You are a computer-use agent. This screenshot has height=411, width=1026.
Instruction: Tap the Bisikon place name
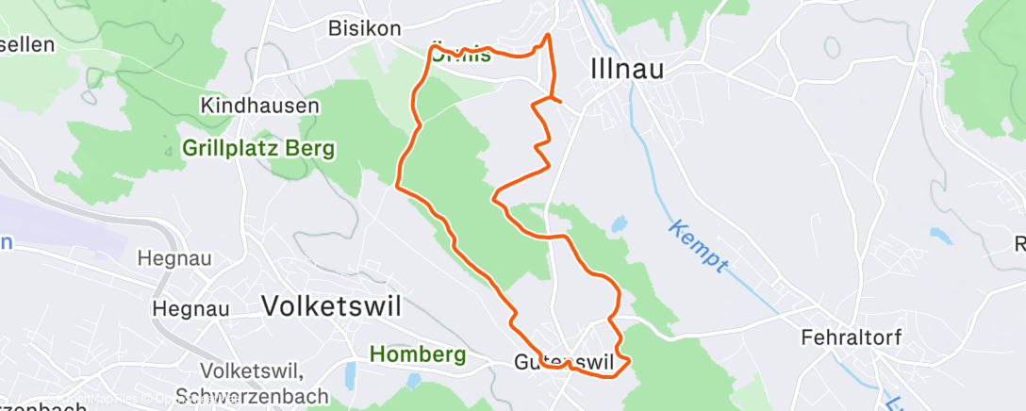tap(364, 28)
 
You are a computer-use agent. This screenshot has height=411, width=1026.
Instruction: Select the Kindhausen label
tap(259, 106)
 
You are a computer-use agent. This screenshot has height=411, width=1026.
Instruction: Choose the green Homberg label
tap(418, 355)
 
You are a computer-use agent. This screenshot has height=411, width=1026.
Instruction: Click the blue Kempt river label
tap(699, 247)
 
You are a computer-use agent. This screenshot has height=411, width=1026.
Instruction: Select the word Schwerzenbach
tap(265, 396)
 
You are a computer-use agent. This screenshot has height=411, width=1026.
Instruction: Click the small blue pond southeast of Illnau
tap(619, 225)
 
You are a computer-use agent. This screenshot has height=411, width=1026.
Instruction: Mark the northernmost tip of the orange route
tap(548, 35)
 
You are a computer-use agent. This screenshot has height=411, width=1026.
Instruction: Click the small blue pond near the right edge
tap(940, 236)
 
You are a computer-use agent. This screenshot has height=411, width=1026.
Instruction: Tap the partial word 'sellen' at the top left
tap(26, 44)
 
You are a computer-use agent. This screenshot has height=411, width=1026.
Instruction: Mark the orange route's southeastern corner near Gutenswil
tap(627, 359)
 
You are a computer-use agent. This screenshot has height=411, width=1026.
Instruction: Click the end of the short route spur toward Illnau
tap(561, 100)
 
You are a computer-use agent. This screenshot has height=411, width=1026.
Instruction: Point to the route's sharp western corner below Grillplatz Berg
tap(398, 185)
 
